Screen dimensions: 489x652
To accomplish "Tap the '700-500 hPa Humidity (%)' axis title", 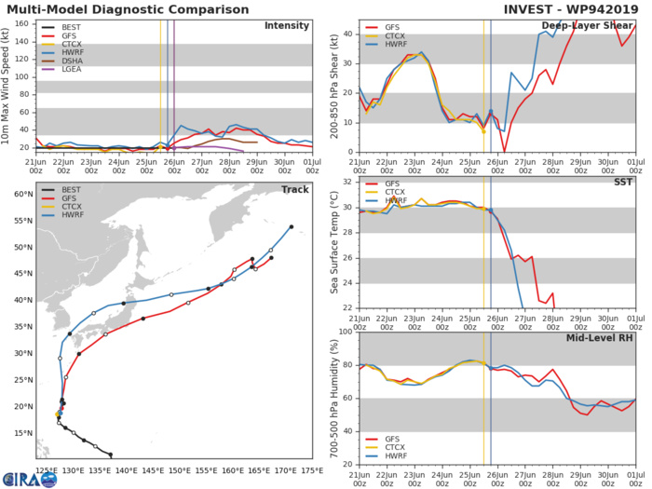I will coord(333,398).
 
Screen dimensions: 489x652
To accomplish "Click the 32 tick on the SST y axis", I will coord(346,182).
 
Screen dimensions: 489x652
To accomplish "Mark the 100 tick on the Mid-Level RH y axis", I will coord(344,332).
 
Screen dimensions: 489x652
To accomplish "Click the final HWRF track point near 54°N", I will coord(292,226).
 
